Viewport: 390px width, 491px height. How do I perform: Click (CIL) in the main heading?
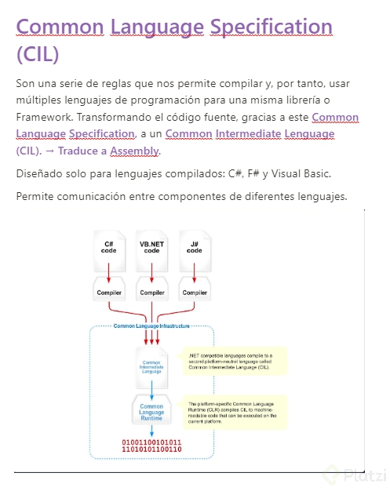(38, 56)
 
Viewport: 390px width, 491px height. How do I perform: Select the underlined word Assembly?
(134, 151)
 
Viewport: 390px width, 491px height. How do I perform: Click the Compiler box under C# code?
(109, 293)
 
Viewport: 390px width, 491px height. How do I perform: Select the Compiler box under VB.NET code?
(151, 293)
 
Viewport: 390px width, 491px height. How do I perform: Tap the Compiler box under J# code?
(194, 293)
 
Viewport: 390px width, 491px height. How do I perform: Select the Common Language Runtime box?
(151, 412)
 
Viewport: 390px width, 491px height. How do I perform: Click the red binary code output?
(151, 446)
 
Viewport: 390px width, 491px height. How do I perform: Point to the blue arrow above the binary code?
(151, 431)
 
